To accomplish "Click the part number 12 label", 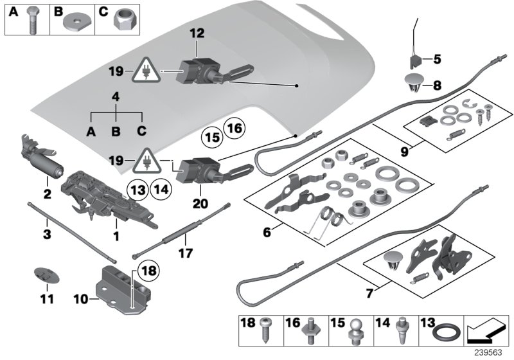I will tap(195, 32).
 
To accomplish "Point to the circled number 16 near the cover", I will tap(235, 129).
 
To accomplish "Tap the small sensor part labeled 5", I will tap(414, 60).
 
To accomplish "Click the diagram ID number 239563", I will tap(490, 353).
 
